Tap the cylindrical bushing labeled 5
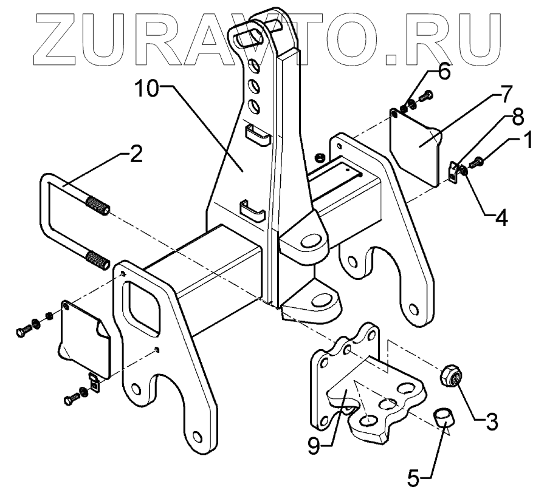pyautogui.click(x=444, y=418)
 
